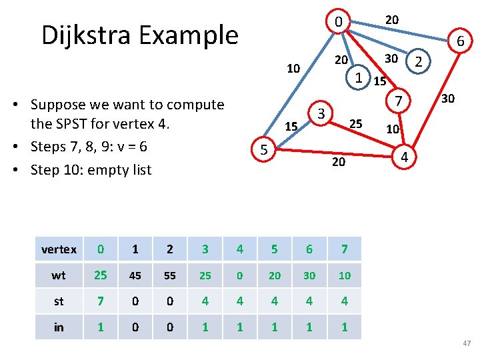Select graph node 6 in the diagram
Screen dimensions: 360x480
(460, 43)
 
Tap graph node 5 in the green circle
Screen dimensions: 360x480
(264, 151)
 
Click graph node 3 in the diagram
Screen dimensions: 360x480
(321, 114)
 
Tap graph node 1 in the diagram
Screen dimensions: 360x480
(358, 77)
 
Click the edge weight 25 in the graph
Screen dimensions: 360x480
(357, 123)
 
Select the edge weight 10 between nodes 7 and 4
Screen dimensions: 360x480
(393, 129)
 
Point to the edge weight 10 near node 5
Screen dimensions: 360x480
(293, 68)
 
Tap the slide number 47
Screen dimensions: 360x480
(466, 343)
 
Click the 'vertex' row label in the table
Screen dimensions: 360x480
(59, 249)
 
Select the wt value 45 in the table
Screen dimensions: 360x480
(135, 275)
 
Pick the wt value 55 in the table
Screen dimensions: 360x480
(170, 275)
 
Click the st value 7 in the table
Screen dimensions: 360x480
(100, 301)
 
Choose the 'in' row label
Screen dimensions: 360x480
(59, 327)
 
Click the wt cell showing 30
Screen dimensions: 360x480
(309, 275)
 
